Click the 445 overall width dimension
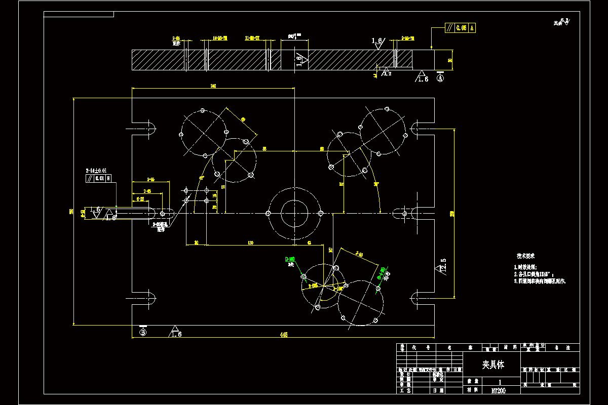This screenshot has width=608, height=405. [x=284, y=335]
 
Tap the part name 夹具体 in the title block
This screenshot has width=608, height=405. [x=492, y=364]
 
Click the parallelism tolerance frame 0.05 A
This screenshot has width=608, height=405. [x=460, y=28]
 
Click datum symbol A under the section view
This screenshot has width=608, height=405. [x=440, y=78]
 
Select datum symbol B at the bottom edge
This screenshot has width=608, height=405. [x=143, y=332]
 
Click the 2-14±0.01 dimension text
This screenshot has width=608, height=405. [x=96, y=171]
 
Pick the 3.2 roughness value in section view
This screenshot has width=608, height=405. [x=388, y=74]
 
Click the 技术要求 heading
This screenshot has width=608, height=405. [x=525, y=256]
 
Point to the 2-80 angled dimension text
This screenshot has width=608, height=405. [x=360, y=254]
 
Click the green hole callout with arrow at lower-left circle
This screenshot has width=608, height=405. [x=291, y=260]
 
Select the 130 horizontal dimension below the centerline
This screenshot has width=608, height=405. [x=250, y=243]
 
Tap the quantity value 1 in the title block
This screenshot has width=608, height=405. [x=501, y=382]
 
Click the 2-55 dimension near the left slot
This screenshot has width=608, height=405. [x=150, y=179]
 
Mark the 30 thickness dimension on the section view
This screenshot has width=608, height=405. [x=450, y=60]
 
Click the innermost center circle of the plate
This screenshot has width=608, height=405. [x=294, y=213]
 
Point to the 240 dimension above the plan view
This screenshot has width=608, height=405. [x=213, y=87]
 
